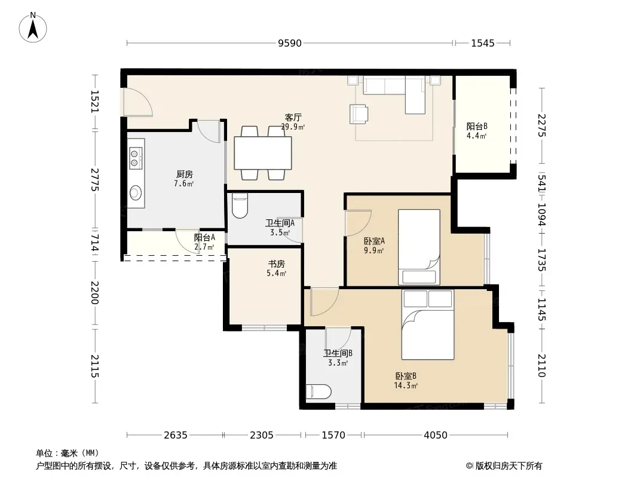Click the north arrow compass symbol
pyautogui.click(x=33, y=27)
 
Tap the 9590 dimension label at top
pyautogui.click(x=290, y=43)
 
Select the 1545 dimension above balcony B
pyautogui.click(x=483, y=43)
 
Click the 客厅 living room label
pyautogui.click(x=293, y=117)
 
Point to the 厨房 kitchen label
pyautogui.click(x=185, y=174)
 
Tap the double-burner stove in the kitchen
pyautogui.click(x=135, y=158)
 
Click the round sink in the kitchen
pyautogui.click(x=136, y=192)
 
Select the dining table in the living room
pyautogui.click(x=263, y=153)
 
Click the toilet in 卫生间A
pyautogui.click(x=240, y=206)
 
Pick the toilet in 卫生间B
pyautogui.click(x=318, y=392)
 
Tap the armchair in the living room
pyautogui.click(x=359, y=114)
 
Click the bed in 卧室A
pyautogui.click(x=419, y=247)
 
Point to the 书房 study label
pyautogui.click(x=276, y=264)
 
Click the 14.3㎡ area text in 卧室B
pyautogui.click(x=406, y=385)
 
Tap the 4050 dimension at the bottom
pyautogui.click(x=436, y=436)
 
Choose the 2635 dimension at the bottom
pyautogui.click(x=176, y=436)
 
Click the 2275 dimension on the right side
pyautogui.click(x=542, y=125)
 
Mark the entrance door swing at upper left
pyautogui.click(x=137, y=102)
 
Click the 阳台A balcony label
pyautogui.click(x=204, y=238)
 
